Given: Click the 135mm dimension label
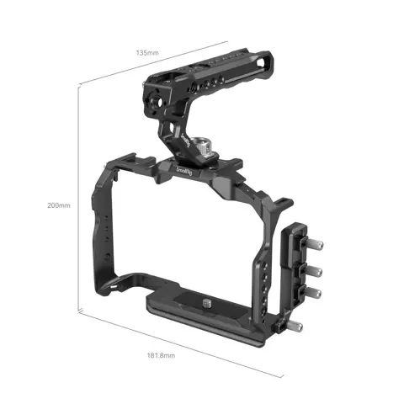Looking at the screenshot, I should [148, 52].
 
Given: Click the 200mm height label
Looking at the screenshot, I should [59, 205].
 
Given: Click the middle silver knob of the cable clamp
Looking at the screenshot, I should [312, 272].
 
